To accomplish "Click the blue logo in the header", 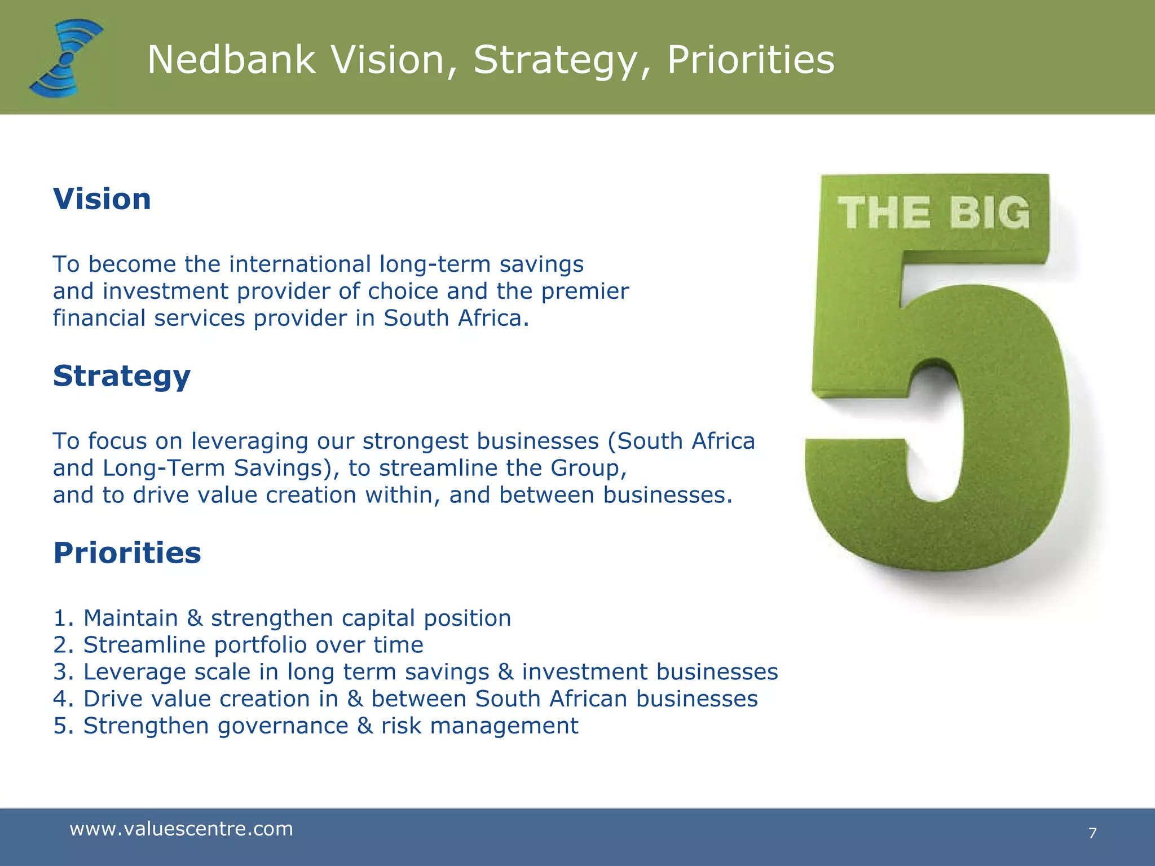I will [x=67, y=58].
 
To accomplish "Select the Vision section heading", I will [x=102, y=199].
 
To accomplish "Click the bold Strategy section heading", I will [x=122, y=377].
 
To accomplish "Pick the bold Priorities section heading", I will [x=127, y=553].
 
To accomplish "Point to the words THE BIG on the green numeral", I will [x=933, y=213].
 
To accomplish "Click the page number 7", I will [x=1092, y=833].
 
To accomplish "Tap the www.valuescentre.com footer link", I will [x=181, y=829].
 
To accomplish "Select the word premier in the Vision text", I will [x=585, y=291].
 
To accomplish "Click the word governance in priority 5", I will [x=283, y=726].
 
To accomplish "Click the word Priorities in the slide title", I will [x=751, y=60].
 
